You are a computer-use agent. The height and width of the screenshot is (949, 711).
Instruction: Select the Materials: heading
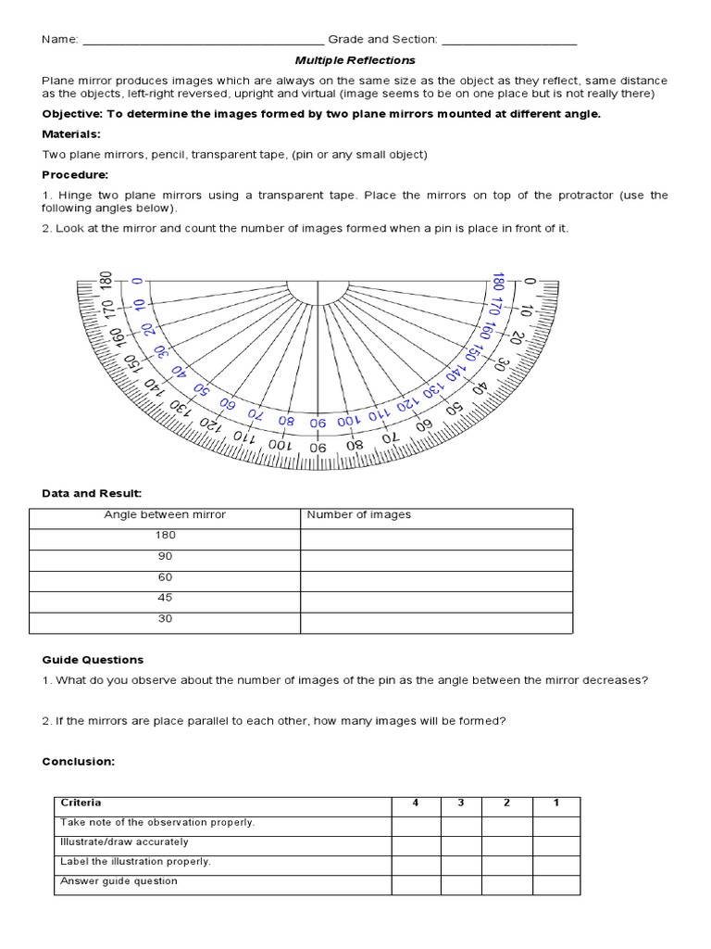click(71, 134)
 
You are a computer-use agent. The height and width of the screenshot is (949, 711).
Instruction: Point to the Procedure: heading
click(75, 174)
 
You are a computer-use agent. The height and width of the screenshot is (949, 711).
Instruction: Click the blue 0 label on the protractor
click(137, 281)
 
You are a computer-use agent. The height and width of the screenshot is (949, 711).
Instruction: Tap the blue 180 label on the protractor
click(497, 282)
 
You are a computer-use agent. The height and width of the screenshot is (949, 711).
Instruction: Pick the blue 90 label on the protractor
click(318, 422)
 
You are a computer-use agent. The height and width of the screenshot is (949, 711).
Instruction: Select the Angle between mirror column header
click(165, 514)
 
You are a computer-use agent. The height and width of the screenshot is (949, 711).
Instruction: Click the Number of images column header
click(359, 514)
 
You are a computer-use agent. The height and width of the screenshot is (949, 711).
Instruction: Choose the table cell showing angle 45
click(165, 598)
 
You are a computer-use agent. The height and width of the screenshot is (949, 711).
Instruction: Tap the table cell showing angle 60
click(165, 577)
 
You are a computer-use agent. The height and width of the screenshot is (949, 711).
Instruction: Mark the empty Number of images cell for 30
click(436, 622)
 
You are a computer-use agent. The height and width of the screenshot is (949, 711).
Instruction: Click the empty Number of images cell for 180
click(436, 538)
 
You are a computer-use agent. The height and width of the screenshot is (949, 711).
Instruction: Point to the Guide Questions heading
click(93, 660)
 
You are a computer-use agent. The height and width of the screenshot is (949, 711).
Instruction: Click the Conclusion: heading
click(78, 761)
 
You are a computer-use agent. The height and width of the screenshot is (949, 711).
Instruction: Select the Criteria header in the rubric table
click(81, 803)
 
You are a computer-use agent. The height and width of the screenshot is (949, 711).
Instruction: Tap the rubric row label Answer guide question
click(118, 881)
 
